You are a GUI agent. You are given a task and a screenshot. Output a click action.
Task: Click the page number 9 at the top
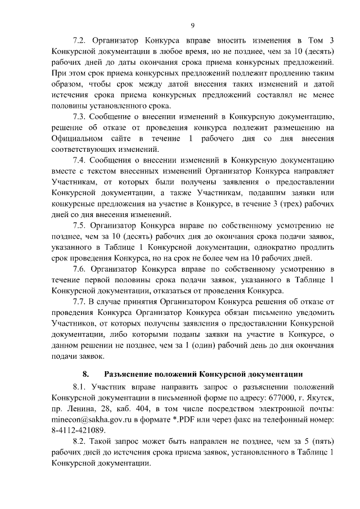pos(192,25)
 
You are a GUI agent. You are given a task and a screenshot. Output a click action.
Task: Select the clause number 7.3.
pos(81,117)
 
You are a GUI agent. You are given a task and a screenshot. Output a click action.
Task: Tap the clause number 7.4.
pos(81,161)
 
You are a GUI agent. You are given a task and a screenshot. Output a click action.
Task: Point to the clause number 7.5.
pos(81,226)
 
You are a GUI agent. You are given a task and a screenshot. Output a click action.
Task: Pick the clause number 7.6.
pos(81,269)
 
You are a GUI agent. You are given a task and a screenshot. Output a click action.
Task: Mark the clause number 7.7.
pos(81,302)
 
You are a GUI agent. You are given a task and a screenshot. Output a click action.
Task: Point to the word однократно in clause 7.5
pos(254,247)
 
